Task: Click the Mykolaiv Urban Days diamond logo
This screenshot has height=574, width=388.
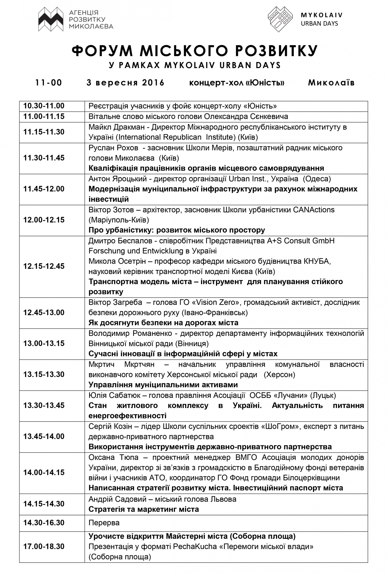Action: pyautogui.click(x=280, y=19)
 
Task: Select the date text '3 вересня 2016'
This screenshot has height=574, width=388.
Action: pyautogui.click(x=125, y=82)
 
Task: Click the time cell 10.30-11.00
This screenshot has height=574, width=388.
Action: pyautogui.click(x=44, y=106)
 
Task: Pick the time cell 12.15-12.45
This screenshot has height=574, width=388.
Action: pyautogui.click(x=44, y=266)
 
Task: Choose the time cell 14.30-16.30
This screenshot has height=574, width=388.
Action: pyautogui.click(x=44, y=523)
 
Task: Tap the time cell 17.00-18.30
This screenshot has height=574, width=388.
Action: pyautogui.click(x=44, y=546)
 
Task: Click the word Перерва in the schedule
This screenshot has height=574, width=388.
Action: pyautogui.click(x=104, y=523)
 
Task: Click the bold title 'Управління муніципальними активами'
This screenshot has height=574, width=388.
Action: pyautogui.click(x=163, y=385)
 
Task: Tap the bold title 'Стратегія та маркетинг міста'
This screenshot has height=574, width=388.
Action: pyautogui.click(x=144, y=509)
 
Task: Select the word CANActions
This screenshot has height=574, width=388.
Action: pyautogui.click(x=314, y=209)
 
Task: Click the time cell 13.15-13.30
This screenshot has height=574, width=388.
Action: pyautogui.click(x=44, y=374)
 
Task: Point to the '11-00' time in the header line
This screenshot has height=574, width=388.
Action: pyautogui.click(x=49, y=82)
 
